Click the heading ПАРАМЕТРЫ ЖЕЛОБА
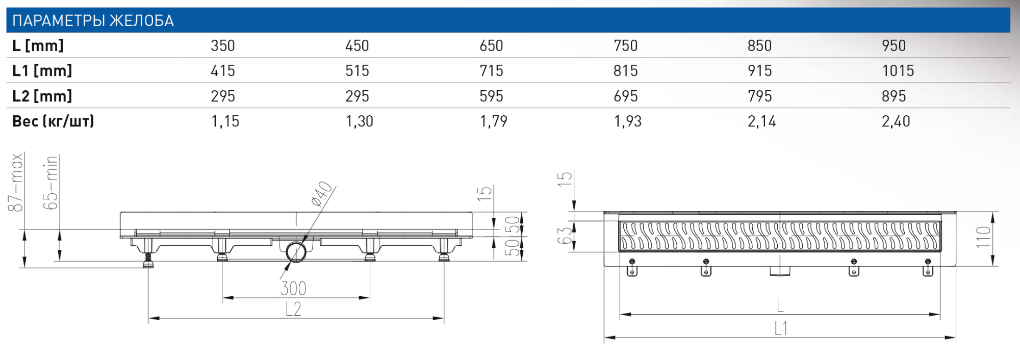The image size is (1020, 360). pos(93,20)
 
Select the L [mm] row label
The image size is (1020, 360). pos(38,45)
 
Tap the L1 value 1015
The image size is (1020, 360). pos(898,70)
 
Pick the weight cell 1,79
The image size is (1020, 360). pos(493,121)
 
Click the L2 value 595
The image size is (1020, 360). pos(491,96)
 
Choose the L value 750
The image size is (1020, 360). pos(625,45)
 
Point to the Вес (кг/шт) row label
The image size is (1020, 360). pos(53,121)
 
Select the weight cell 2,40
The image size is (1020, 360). pos(896,121)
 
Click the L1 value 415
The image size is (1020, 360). pos(223,70)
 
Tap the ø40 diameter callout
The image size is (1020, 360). pos(322,194)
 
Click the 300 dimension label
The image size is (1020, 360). pos(293,289)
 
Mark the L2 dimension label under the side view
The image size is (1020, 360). pos(293,309)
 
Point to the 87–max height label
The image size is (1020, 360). pos(16,183)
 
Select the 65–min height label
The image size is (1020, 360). pos(50,183)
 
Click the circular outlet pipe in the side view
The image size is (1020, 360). pos(296,252)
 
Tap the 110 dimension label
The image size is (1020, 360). pos(982,237)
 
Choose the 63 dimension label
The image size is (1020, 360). pos(564,236)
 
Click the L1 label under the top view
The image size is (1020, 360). pos(780,329)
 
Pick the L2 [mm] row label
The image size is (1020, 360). pos(42,96)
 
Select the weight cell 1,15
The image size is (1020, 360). pos(225,121)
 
